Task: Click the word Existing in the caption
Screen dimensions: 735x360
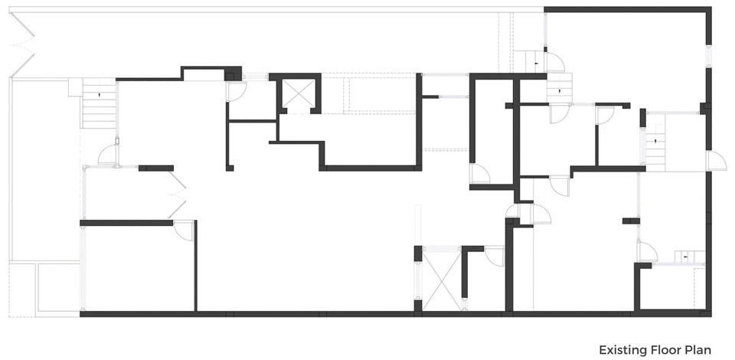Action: click(x=623, y=350)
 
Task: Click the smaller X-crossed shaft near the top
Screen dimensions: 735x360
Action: click(x=296, y=93)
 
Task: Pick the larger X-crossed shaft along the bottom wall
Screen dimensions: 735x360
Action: click(x=442, y=280)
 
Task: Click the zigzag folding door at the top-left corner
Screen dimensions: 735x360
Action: click(x=21, y=44)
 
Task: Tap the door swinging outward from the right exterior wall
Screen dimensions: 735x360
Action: click(x=716, y=161)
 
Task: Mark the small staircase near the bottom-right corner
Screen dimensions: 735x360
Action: click(x=690, y=257)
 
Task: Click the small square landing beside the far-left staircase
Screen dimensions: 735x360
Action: click(x=76, y=87)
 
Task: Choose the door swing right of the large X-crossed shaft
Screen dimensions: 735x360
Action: click(x=495, y=256)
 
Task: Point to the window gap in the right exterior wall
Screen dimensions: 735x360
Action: click(x=708, y=57)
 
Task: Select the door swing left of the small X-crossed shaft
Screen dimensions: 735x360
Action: click(x=235, y=91)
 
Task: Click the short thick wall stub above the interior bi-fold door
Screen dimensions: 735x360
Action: click(x=156, y=169)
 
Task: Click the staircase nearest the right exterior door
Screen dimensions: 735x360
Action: click(x=656, y=148)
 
